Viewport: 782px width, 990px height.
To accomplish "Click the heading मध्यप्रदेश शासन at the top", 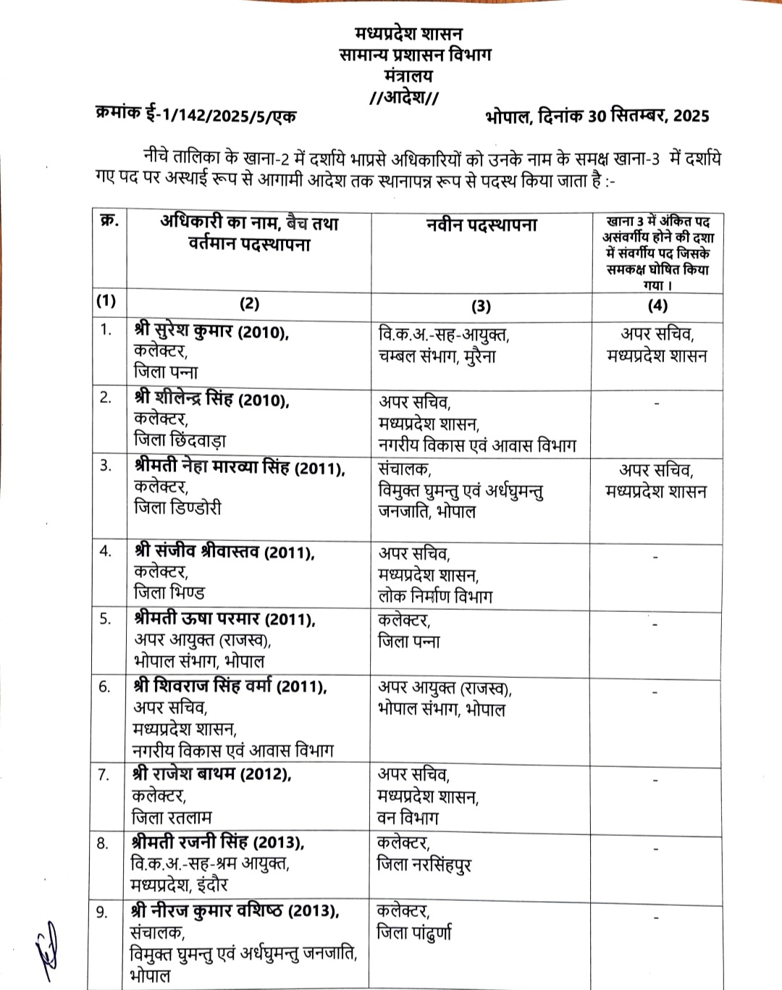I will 408,33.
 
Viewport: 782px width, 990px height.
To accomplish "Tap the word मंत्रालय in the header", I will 408,75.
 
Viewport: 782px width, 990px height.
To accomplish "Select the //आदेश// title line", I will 404,97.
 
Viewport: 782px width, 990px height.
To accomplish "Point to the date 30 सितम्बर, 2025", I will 649,116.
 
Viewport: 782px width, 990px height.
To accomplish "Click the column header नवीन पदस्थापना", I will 482,225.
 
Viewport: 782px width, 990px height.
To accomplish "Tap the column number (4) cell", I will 657,305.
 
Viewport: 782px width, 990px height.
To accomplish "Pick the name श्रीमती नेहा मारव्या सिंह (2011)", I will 240,467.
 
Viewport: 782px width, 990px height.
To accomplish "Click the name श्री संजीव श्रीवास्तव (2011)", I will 224,553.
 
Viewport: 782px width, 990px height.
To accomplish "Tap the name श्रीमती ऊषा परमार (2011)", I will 224,619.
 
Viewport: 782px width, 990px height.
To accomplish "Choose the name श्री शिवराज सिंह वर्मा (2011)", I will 230,686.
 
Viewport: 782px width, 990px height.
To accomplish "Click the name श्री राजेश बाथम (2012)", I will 212,774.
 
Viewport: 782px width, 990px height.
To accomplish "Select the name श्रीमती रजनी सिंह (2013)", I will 218,842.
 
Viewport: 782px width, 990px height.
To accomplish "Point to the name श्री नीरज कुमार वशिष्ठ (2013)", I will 235,911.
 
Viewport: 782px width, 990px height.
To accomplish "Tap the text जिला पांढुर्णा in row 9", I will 414,932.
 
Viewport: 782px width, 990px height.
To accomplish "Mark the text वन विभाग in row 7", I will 408,818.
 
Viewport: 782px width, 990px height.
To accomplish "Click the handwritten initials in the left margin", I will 47,945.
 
